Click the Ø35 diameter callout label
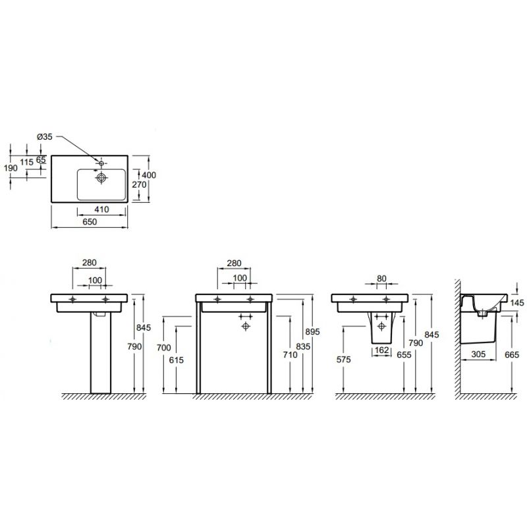coord(44,137)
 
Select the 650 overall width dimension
coord(90,222)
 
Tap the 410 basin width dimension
coord(101,209)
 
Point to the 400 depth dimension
coord(149,175)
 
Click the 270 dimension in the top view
coord(139,185)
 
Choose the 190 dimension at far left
coord(11,168)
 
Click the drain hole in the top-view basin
coord(101,177)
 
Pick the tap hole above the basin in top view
coord(101,163)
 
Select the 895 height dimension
coord(312,332)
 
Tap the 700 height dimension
coord(163,348)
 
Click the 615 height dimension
coord(176,360)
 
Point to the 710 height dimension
coord(290,354)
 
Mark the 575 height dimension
coord(343,360)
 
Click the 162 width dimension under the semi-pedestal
coord(381,350)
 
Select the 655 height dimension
coord(404,355)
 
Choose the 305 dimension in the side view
coord(478,354)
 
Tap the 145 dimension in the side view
coord(517,303)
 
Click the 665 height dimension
coord(512,354)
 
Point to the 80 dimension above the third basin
coord(382,279)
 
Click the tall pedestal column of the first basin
coord(101,353)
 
